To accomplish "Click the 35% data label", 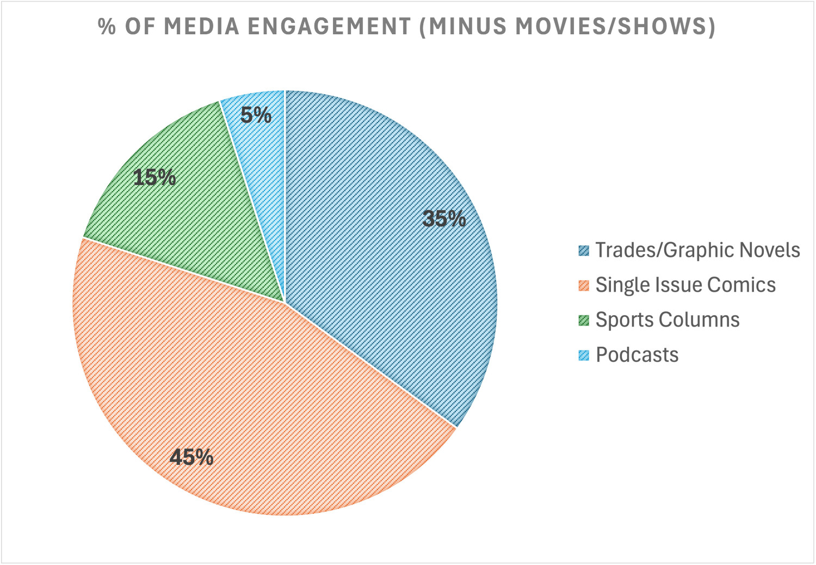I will point(444,219).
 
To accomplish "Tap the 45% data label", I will point(191,457).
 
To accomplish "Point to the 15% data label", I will point(154,177).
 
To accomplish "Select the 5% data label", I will point(256,115).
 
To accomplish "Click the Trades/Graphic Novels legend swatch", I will point(584,250).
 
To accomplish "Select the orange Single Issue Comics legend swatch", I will point(584,285).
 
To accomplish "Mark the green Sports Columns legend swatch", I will point(584,320).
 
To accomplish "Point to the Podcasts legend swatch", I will point(584,355).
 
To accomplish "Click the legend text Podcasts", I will point(637,355).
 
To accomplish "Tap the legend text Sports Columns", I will point(667,320).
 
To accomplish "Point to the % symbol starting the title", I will point(107,26).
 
